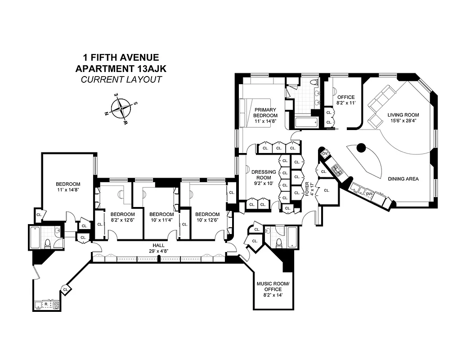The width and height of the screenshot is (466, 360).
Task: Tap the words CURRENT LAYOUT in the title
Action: pos(121,80)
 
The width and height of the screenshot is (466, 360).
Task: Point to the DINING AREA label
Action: pos(403,179)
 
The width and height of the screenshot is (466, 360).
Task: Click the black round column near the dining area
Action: pos(361,147)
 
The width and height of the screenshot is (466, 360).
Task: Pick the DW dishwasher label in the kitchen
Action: pos(369,193)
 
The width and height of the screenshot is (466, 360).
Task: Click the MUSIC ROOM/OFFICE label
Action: pos(269,286)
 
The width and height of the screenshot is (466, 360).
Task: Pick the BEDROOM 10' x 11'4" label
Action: pos(161,217)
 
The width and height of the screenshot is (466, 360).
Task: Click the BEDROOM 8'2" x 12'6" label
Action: pos(123,217)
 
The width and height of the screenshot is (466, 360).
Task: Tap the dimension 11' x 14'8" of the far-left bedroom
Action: pos(68,190)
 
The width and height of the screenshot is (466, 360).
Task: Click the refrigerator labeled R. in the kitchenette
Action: pos(46,305)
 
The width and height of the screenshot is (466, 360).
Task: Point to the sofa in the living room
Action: pos(382,99)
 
